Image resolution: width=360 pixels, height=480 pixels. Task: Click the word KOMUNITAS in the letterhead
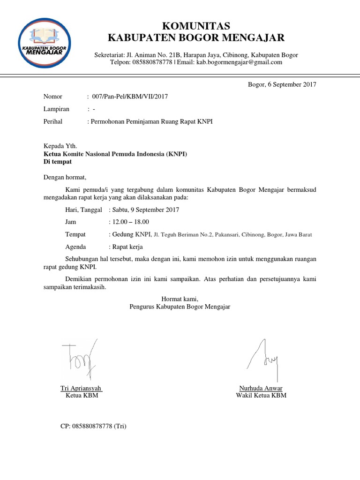pyautogui.click(x=196, y=25)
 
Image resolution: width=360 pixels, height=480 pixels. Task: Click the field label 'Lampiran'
pyautogui.click(x=56, y=109)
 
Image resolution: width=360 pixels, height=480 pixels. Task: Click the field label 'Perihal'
pyautogui.click(x=53, y=121)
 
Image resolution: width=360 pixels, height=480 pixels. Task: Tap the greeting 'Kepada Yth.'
pyautogui.click(x=60, y=146)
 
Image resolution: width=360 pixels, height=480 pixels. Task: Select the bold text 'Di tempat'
pyautogui.click(x=58, y=162)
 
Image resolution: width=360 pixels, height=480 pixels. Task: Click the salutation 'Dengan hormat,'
pyautogui.click(x=65, y=178)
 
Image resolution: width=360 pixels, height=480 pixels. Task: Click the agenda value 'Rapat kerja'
pyautogui.click(x=127, y=247)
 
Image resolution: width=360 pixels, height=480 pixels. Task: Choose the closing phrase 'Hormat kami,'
pyautogui.click(x=180, y=299)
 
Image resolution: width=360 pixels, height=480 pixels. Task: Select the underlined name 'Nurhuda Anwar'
pyautogui.click(x=261, y=388)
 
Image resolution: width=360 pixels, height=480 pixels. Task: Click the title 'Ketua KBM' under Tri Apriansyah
pyautogui.click(x=82, y=396)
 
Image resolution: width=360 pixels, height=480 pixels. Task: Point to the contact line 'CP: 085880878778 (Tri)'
pyautogui.click(x=94, y=426)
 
